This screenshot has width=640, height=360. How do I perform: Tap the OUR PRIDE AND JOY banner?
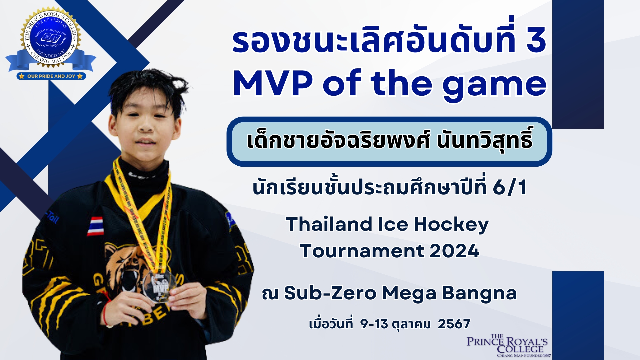tap(51, 76)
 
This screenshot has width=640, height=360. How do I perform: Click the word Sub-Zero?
tap(330, 293)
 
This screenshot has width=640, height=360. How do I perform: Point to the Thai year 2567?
tap(454, 324)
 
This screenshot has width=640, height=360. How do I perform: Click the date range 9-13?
tap(374, 324)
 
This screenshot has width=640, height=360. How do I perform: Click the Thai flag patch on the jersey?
tap(96, 226)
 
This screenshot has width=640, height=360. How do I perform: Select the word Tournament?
tap(362, 251)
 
